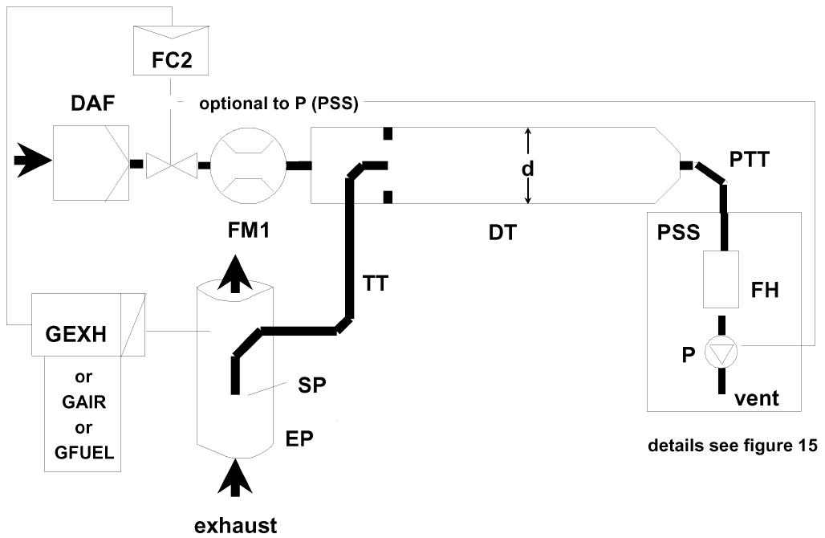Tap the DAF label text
(x=92, y=104)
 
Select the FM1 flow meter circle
(x=248, y=165)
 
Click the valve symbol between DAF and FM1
(x=172, y=165)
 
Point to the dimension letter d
(x=528, y=169)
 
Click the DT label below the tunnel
(x=502, y=232)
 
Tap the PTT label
(x=750, y=159)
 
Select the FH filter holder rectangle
(x=721, y=279)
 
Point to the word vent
(x=756, y=398)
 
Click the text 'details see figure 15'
(x=733, y=446)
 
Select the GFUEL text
(x=84, y=452)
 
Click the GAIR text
(x=84, y=401)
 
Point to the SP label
(x=312, y=385)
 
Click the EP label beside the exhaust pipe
(x=299, y=438)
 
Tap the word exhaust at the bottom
(x=235, y=525)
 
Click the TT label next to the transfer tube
(x=375, y=283)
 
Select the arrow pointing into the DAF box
(x=33, y=160)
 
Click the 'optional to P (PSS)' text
(x=278, y=104)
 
